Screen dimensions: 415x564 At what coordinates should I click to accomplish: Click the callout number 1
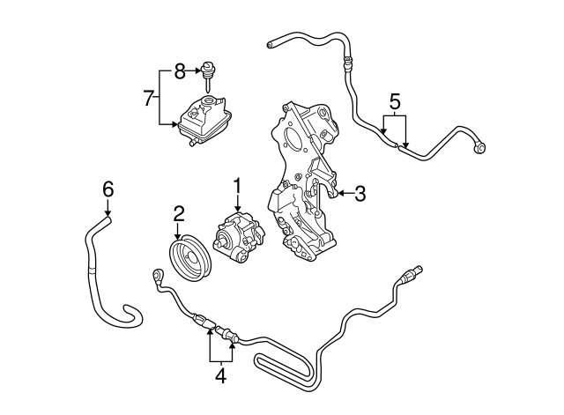click(x=236, y=186)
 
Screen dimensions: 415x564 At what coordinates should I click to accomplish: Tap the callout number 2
click(x=178, y=212)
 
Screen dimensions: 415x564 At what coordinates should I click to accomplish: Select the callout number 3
click(x=360, y=193)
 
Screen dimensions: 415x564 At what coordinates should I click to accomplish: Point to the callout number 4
click(x=220, y=376)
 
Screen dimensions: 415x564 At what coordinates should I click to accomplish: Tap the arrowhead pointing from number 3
click(x=340, y=193)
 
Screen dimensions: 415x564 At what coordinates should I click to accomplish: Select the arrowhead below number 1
click(x=236, y=209)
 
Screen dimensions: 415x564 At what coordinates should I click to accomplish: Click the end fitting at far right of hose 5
click(x=481, y=150)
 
